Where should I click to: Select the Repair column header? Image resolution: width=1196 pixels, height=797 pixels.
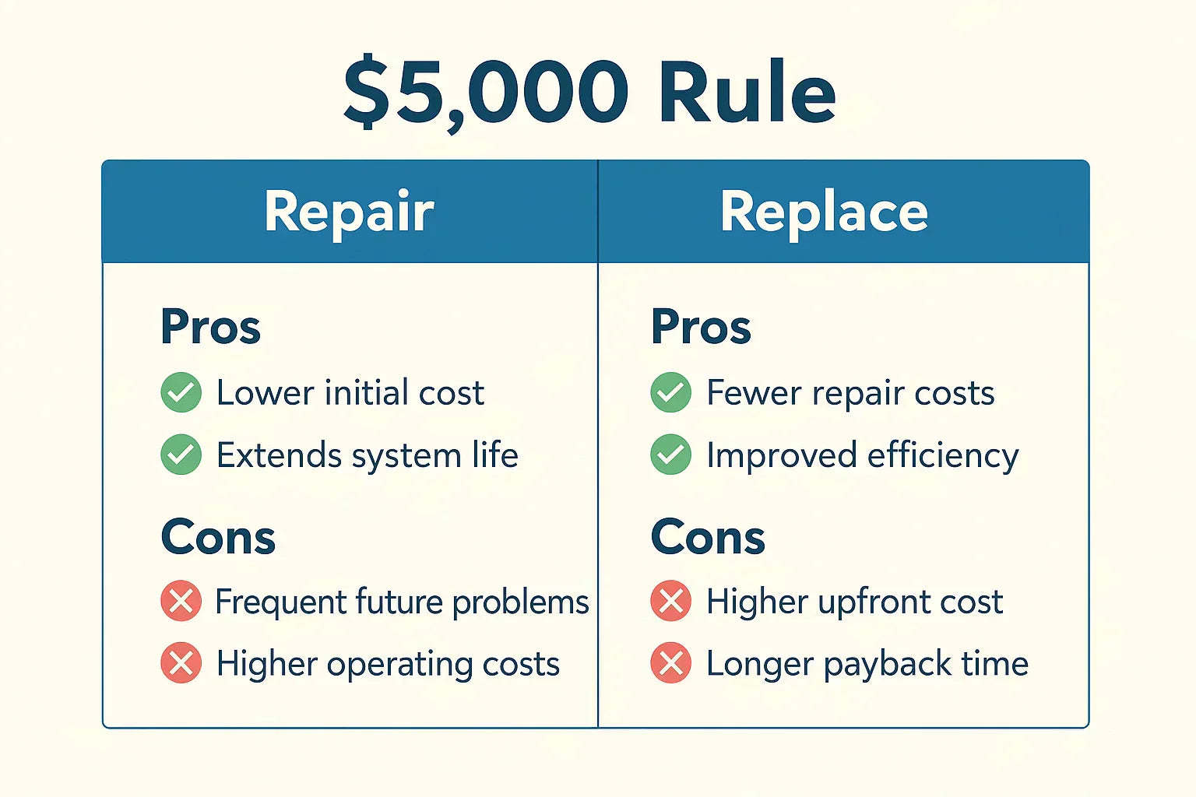pos(349,211)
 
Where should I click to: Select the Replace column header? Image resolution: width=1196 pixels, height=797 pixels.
pos(824,211)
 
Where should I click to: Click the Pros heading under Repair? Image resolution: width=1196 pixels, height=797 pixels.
pos(210,327)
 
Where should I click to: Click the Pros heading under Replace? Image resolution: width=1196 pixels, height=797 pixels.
pos(701,327)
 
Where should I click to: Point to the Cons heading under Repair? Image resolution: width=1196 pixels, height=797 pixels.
pos(218,537)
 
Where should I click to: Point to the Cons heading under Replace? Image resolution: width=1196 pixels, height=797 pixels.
pos(708,537)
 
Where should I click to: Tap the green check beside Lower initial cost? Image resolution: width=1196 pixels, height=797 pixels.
pos(181,392)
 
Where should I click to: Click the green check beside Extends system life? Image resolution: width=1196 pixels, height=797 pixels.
pos(181,455)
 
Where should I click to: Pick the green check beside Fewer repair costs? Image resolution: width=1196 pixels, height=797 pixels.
pos(670,392)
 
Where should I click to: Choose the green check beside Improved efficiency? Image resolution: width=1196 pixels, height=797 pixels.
pos(670,455)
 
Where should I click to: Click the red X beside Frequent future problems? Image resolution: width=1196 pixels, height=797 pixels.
pos(181,601)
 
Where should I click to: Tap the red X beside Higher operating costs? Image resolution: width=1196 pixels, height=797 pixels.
pos(181,663)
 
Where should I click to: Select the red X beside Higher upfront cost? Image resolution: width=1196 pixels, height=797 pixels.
pos(670,601)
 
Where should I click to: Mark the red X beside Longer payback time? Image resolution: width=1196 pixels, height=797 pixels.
pos(670,663)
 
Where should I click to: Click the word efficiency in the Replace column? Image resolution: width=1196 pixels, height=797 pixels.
pos(942,456)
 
